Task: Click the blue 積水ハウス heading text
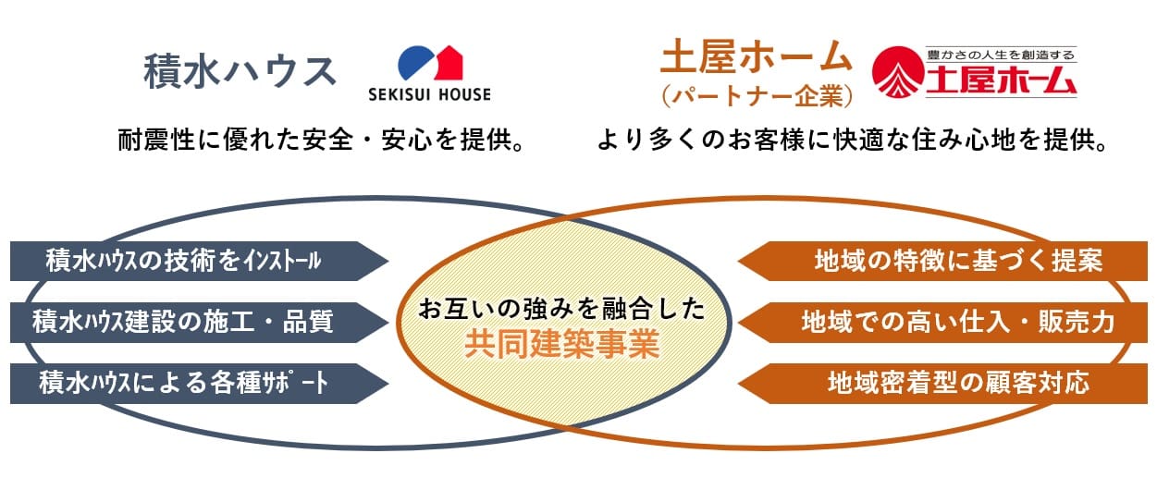[240, 71]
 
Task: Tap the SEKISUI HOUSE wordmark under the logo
[429, 94]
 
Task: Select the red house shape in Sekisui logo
[449, 63]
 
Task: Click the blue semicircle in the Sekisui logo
[414, 62]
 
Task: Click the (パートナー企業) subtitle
[757, 96]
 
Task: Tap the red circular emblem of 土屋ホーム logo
[898, 72]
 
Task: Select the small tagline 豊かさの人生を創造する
[1001, 55]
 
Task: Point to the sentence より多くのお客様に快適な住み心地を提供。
[853, 140]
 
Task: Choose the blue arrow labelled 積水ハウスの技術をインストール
[200, 261]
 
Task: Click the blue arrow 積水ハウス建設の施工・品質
[200, 322]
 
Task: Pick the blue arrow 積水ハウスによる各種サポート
[200, 384]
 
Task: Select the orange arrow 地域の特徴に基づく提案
[942, 261]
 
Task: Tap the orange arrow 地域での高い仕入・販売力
[942, 322]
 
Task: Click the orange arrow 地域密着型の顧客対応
[942, 384]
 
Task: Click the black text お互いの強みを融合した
[562, 310]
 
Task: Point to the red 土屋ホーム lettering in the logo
[1001, 80]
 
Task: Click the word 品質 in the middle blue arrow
[308, 322]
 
